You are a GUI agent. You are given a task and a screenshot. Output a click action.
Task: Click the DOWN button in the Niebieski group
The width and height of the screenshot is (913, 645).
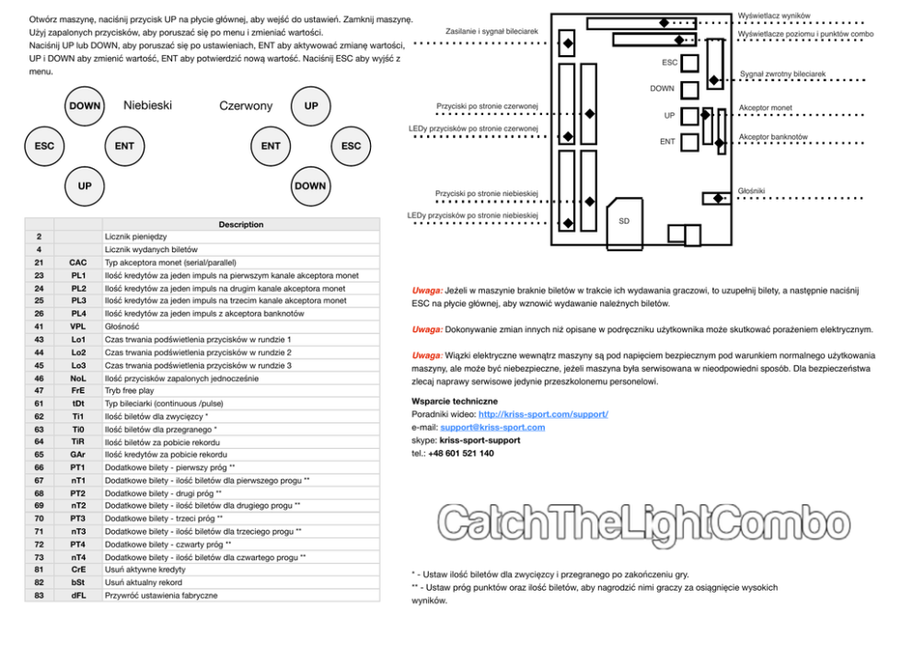(x=85, y=106)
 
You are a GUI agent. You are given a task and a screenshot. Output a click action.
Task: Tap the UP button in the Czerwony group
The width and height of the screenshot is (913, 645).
(x=311, y=106)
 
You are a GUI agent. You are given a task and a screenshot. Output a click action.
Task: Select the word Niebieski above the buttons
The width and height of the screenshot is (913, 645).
(x=147, y=106)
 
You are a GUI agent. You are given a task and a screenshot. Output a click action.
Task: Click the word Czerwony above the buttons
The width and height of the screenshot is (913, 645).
(x=246, y=106)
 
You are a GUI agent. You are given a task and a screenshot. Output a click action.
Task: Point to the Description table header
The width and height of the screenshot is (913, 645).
(x=240, y=225)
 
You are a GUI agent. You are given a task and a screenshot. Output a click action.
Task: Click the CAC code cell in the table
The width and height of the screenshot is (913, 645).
(x=78, y=262)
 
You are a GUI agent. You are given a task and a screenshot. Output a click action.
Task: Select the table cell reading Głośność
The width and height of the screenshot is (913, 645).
(x=122, y=327)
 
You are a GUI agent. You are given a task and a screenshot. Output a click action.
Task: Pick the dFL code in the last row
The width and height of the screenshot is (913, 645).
(x=78, y=595)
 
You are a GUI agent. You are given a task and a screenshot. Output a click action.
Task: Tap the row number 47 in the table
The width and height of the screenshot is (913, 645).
(x=39, y=391)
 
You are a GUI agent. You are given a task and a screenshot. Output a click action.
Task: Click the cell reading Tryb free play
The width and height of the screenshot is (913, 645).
(x=130, y=391)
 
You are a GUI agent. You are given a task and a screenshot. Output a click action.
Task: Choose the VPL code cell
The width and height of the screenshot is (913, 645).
(x=78, y=327)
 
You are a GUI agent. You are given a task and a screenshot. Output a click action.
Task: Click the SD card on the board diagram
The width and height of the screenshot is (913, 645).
(x=624, y=221)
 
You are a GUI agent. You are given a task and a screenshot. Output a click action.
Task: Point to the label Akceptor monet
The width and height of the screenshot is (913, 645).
(x=765, y=108)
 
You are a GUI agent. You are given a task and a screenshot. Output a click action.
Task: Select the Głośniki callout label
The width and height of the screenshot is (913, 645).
(x=751, y=190)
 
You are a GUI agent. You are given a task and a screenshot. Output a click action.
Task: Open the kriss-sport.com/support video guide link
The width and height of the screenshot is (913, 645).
(x=543, y=414)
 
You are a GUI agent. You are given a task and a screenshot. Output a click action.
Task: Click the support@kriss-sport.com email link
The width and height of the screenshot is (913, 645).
(x=491, y=427)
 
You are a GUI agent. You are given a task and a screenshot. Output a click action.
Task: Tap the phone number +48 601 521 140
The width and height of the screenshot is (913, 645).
(x=461, y=453)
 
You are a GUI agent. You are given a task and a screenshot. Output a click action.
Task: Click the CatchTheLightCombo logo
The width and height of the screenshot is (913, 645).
(x=643, y=524)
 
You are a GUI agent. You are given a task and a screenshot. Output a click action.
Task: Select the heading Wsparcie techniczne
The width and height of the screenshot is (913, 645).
(x=455, y=401)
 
